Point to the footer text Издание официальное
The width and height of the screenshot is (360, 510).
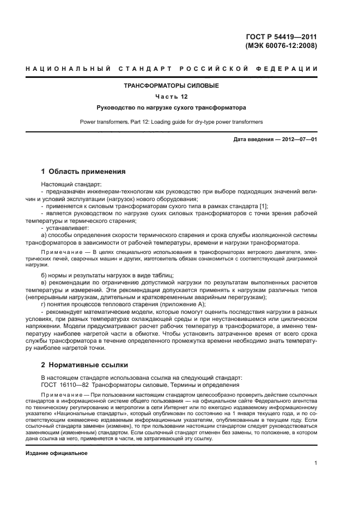[57, 453]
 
